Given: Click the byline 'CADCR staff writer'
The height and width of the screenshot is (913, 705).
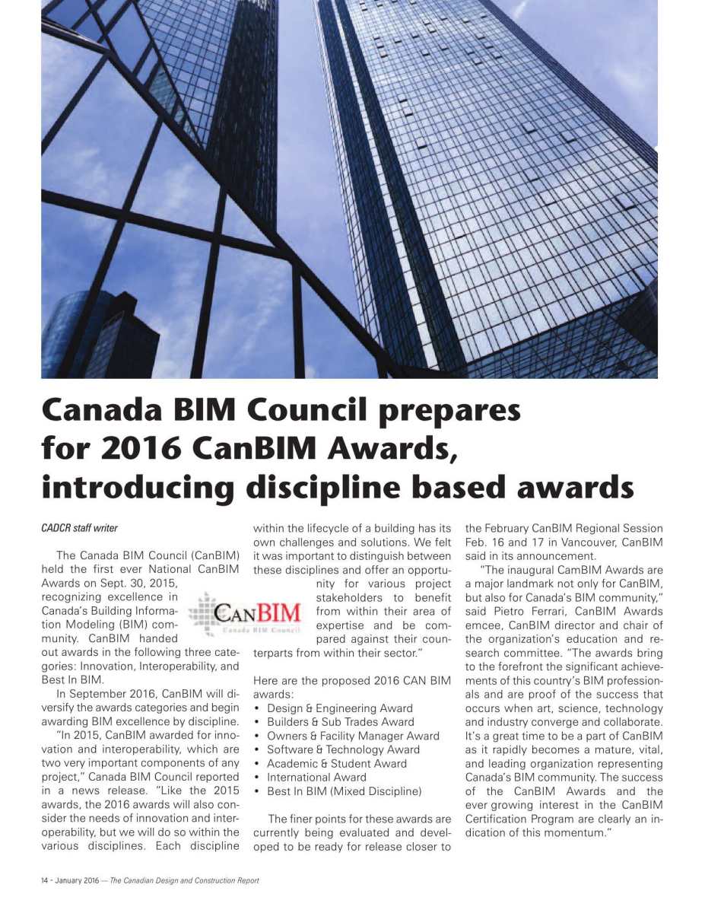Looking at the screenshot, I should pyautogui.click(x=80, y=528).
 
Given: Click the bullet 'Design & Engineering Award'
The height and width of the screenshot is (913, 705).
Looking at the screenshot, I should pyautogui.click(x=339, y=708).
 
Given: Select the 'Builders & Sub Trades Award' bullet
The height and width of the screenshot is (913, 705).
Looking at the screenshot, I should pyautogui.click(x=340, y=722).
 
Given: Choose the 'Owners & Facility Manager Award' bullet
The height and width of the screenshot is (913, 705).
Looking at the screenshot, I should pyautogui.click(x=353, y=736).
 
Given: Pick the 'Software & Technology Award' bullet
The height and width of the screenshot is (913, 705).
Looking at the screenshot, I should pyautogui.click(x=343, y=749).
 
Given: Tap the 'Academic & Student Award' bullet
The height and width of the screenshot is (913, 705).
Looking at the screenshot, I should pyautogui.click(x=336, y=763).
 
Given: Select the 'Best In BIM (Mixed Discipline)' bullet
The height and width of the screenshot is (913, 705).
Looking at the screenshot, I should pyautogui.click(x=344, y=791).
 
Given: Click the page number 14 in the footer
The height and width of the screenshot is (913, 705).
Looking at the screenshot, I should pyautogui.click(x=46, y=880).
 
